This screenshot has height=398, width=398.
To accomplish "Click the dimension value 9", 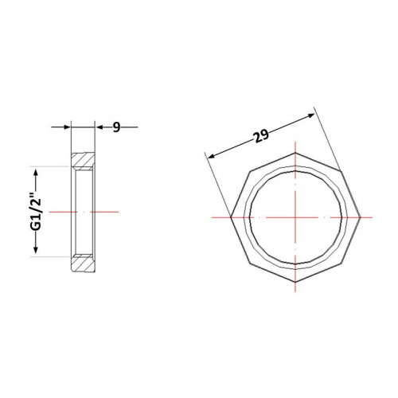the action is pyautogui.click(x=116, y=127).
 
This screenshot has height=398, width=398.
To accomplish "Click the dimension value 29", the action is pyautogui.click(x=261, y=136).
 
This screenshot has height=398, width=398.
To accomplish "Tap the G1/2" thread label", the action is pyautogui.click(x=36, y=213).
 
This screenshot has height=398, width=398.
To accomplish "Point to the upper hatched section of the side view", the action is pyautogui.click(x=83, y=161).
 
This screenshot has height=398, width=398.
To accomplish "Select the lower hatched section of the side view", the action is pyautogui.click(x=83, y=263).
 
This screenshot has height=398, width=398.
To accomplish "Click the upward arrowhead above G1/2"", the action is pyautogui.click(x=36, y=174).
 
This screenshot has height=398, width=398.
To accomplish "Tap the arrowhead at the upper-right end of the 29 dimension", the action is pyautogui.click(x=310, y=115).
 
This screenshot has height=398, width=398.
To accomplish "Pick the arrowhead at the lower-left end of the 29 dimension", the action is pyautogui.click(x=212, y=156).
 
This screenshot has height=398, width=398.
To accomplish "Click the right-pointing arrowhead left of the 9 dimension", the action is pyautogui.click(x=67, y=127).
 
